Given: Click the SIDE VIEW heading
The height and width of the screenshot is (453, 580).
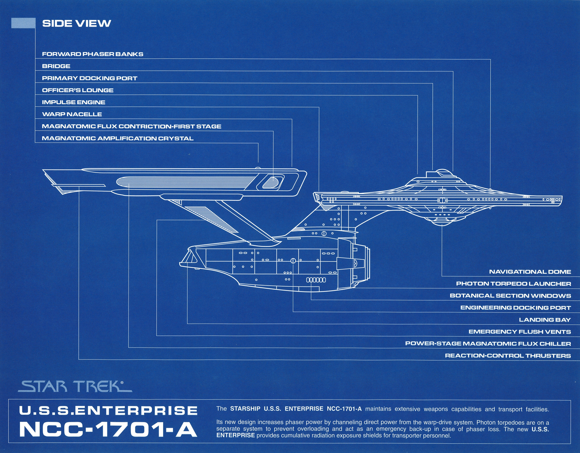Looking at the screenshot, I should [77, 23].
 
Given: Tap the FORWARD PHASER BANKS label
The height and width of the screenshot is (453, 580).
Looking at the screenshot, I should [92, 54].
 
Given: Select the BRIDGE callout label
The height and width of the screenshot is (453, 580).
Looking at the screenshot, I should [56, 66].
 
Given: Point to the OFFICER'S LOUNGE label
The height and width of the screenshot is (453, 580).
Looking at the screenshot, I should [78, 90].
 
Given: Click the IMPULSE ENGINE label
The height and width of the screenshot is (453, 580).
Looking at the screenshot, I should [73, 102].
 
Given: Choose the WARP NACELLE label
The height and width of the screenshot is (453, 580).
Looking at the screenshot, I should [72, 114].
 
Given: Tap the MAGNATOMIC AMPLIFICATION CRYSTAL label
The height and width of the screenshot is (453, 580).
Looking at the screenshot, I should [118, 138].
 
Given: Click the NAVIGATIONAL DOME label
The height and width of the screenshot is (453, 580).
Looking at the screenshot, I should [530, 272].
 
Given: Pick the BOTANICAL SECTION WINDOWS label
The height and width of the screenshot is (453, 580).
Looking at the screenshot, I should [510, 295].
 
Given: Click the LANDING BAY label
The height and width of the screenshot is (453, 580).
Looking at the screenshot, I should [545, 320].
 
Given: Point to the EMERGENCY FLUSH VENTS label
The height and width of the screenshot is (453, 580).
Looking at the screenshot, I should [519, 332].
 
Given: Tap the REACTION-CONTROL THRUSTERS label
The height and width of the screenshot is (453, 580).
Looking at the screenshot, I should [508, 356].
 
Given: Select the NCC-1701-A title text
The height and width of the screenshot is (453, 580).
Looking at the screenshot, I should [108, 429].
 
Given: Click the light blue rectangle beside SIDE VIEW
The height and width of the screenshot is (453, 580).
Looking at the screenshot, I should [23, 23].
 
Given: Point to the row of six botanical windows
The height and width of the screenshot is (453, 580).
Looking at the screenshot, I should [316, 280].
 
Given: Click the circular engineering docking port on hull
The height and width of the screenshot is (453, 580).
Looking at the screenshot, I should [293, 260].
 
